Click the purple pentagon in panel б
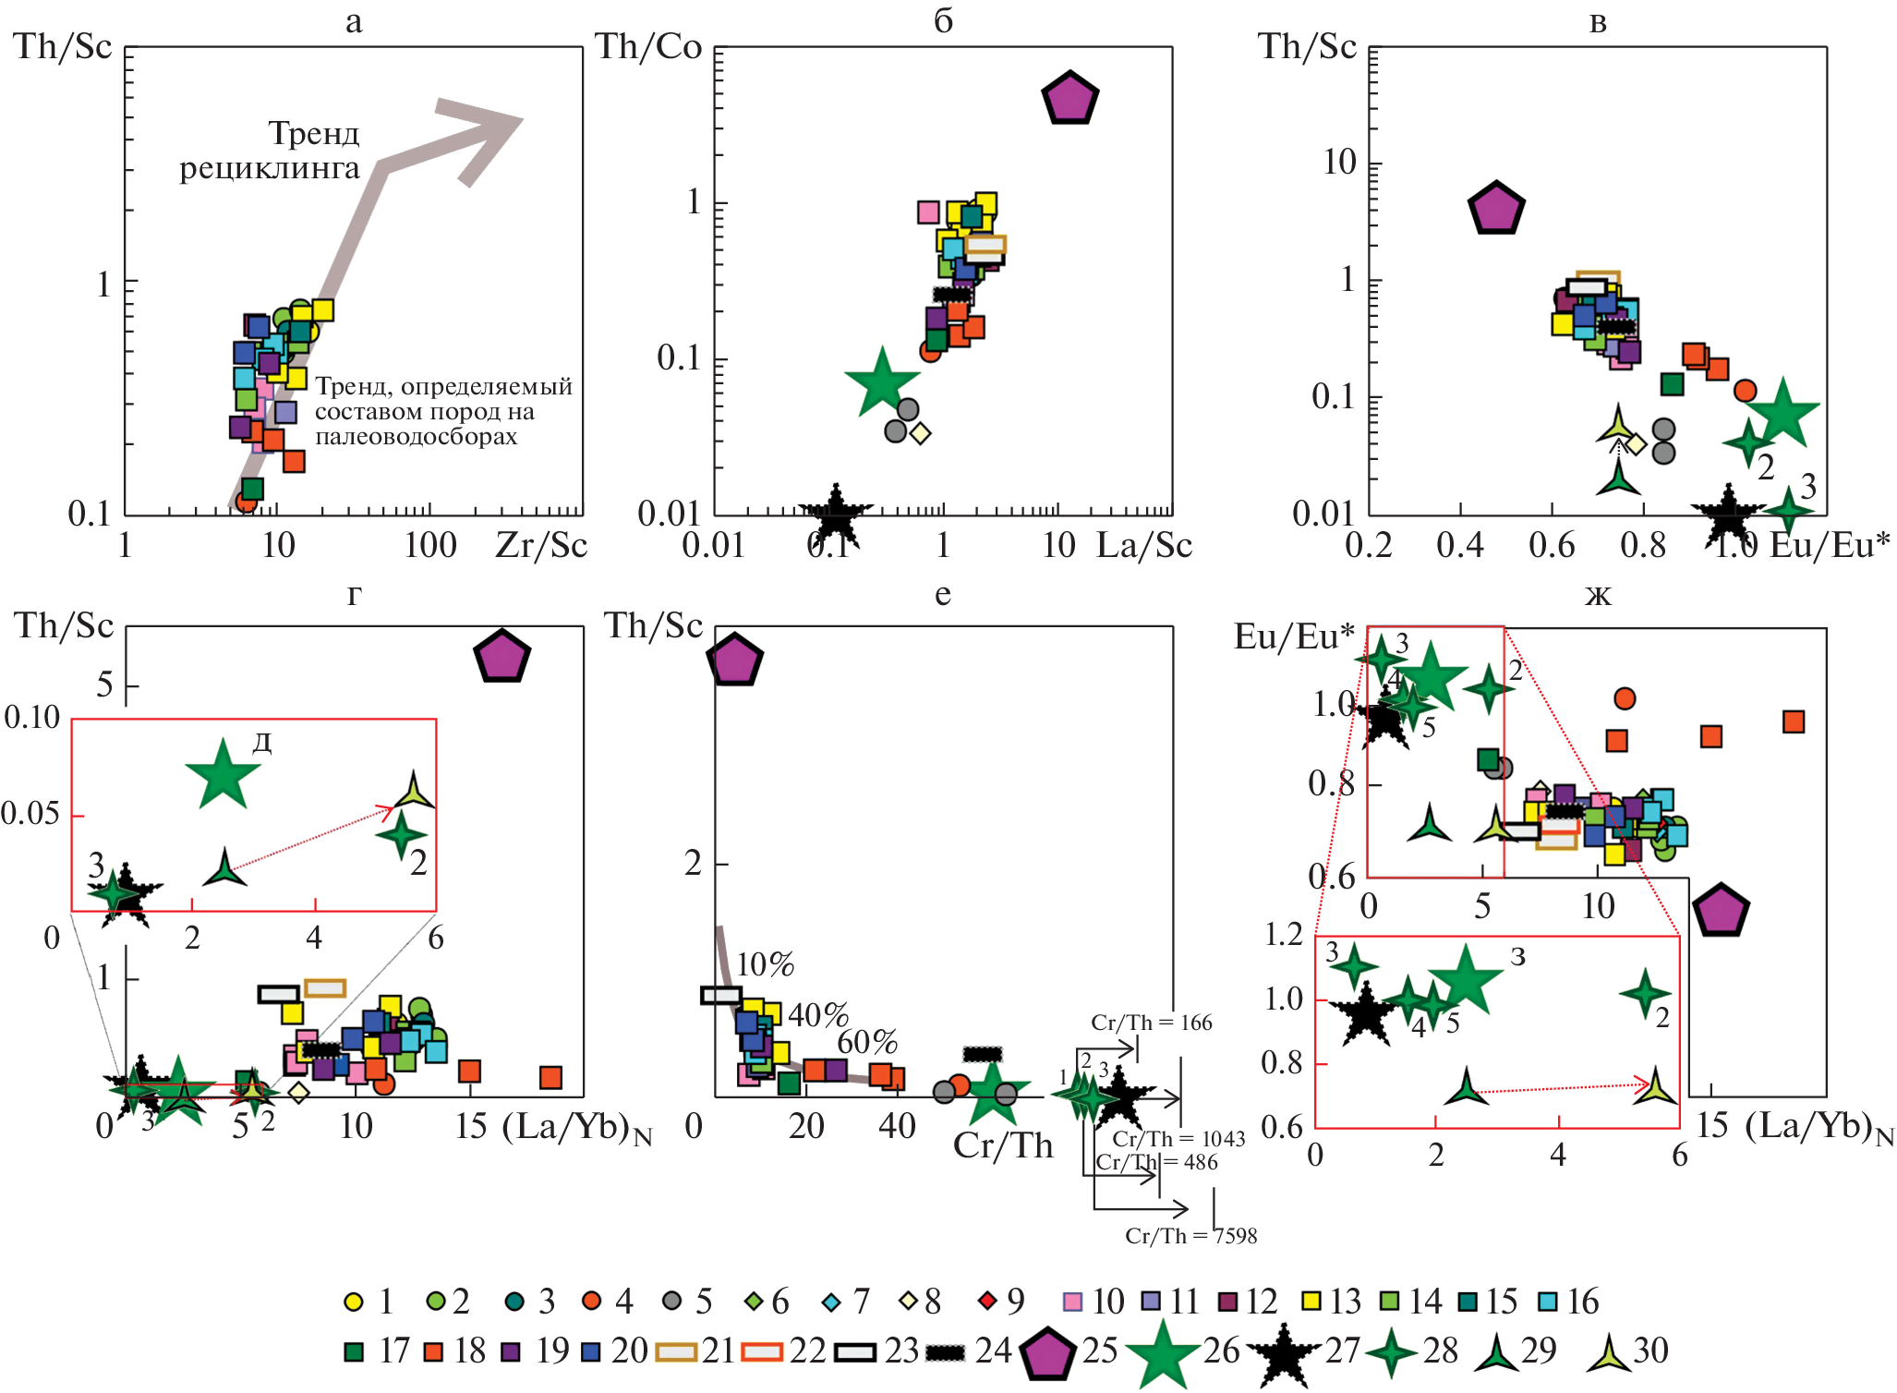coord(1069,99)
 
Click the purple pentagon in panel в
coord(1496,209)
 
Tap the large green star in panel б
coord(882,382)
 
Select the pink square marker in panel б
coord(928,212)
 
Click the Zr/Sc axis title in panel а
coord(541,545)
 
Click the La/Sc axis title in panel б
coord(1144,545)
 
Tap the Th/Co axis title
coord(648,46)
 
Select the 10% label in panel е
coord(766,964)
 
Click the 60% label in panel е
coord(867,1042)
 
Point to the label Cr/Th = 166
coord(1151,1023)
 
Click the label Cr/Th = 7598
coord(1190,1236)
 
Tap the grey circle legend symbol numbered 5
coord(672,1302)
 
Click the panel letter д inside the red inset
coord(262,743)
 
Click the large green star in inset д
coord(223,774)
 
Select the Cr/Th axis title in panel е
coord(1003,1145)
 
